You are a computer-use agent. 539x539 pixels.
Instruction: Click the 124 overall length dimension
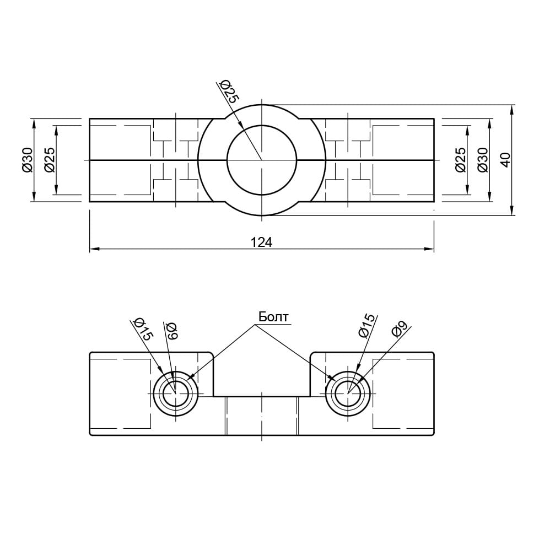tap(262, 242)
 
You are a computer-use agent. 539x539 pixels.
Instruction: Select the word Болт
tap(273, 316)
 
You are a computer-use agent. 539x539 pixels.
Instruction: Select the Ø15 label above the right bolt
tap(366, 326)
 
